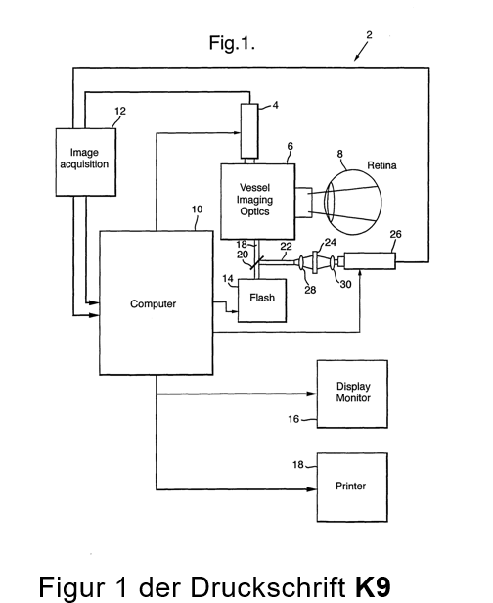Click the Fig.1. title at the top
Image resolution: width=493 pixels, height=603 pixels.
pyautogui.click(x=232, y=43)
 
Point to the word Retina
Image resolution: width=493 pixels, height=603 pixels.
pyautogui.click(x=381, y=165)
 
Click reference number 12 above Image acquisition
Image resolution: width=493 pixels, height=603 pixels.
pyautogui.click(x=120, y=112)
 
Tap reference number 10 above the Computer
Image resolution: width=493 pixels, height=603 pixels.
pyautogui.click(x=197, y=209)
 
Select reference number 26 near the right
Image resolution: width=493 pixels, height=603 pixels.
pyautogui.click(x=395, y=234)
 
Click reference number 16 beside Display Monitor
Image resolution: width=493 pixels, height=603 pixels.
pyautogui.click(x=293, y=419)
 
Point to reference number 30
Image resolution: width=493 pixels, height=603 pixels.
pyautogui.click(x=346, y=284)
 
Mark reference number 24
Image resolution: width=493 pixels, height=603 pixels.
pyautogui.click(x=331, y=243)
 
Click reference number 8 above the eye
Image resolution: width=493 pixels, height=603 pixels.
pyautogui.click(x=339, y=155)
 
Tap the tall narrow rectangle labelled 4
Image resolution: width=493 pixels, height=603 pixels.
pyautogui.click(x=249, y=131)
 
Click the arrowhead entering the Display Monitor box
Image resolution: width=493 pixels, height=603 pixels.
pyautogui.click(x=312, y=394)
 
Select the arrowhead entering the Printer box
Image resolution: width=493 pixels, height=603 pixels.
pyautogui.click(x=312, y=489)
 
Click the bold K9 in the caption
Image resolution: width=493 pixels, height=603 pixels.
pyautogui.click(x=373, y=587)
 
